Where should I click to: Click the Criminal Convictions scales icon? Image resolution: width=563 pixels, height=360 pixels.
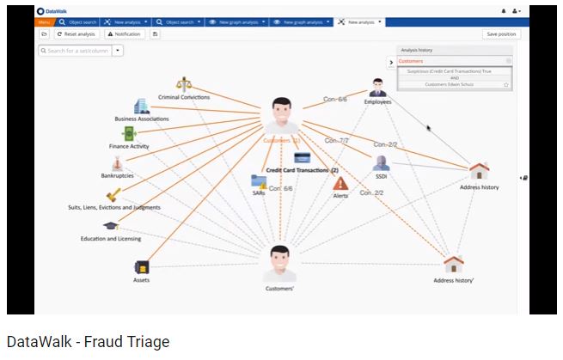pos(183,84)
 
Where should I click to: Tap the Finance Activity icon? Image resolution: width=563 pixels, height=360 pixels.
pos(129,133)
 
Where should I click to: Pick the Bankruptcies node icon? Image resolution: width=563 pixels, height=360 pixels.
pos(118,163)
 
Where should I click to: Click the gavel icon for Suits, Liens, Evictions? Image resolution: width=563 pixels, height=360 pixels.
pos(113,195)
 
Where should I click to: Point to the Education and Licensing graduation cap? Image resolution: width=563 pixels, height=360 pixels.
pos(110,226)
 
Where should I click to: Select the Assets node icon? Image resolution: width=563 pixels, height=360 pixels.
pos(142,266)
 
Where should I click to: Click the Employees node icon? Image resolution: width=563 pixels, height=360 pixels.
pos(377,87)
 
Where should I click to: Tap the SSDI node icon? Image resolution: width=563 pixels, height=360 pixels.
pos(381,162)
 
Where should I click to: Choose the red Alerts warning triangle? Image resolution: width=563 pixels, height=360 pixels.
pos(340,183)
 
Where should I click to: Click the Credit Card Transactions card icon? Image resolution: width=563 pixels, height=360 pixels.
pos(302,157)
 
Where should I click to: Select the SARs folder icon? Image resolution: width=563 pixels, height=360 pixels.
pos(258,181)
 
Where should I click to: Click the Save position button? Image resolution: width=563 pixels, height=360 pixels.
pos(501,34)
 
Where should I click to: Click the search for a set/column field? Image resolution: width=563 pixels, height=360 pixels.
pos(75,51)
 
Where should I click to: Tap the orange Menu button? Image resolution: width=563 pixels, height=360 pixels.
pos(44,21)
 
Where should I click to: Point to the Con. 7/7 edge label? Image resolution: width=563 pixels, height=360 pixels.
pos(336,140)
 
